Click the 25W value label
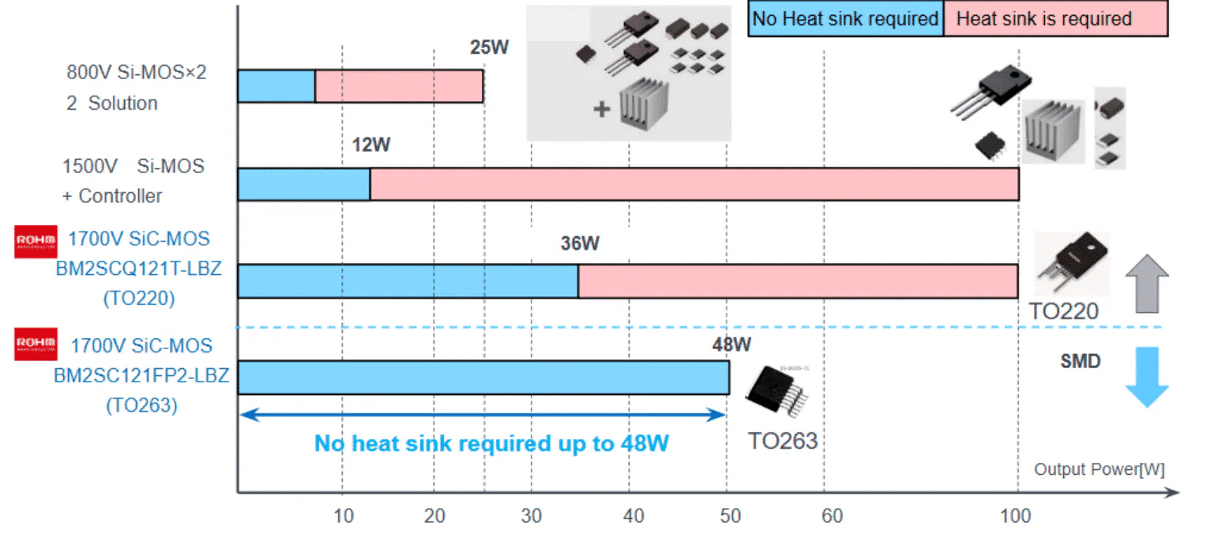point(490,47)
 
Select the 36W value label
point(580,243)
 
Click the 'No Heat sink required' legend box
point(845,19)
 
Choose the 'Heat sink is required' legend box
point(1055,19)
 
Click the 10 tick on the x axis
point(342,517)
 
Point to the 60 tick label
point(825,517)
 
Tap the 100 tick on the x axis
point(1016,517)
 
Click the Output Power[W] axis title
point(1099,469)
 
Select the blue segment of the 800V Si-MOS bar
point(276,86)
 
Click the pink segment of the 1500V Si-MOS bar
point(694,184)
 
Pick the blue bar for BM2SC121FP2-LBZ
point(483,378)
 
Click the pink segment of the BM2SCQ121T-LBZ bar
point(797,281)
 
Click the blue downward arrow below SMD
point(1145,376)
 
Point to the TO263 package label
point(782,439)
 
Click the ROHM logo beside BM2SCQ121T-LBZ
point(36,243)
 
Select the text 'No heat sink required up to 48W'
point(491,443)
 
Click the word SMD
point(1080,362)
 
